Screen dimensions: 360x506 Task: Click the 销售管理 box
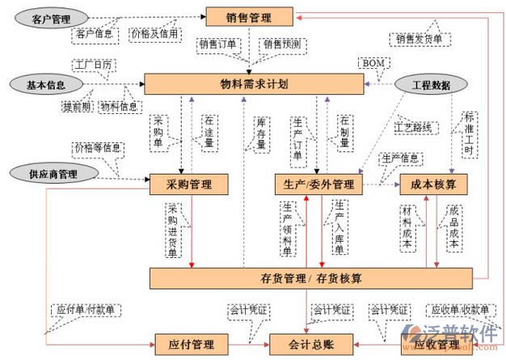(249, 16)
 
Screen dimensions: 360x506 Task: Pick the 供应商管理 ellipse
(46, 172)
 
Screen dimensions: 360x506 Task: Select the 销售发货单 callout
(419, 38)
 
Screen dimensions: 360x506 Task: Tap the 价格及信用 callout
(154, 34)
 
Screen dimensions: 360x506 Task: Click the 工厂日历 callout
(93, 63)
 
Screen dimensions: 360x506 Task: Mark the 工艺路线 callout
(412, 127)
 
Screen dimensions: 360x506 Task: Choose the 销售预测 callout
(280, 44)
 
